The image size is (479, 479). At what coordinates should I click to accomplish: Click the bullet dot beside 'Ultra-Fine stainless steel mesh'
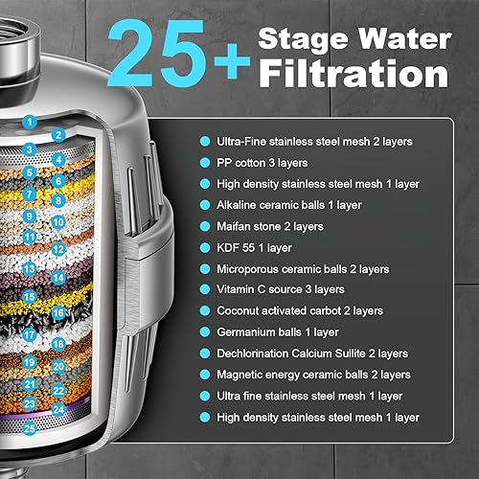click(204, 141)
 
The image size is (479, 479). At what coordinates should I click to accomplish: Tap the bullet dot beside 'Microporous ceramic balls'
click(204, 267)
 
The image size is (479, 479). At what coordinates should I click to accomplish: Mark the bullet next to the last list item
click(204, 417)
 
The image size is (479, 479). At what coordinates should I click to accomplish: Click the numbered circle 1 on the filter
click(33, 122)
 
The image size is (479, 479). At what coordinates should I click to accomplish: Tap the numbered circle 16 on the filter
click(58, 312)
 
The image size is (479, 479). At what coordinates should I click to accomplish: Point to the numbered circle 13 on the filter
click(31, 269)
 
